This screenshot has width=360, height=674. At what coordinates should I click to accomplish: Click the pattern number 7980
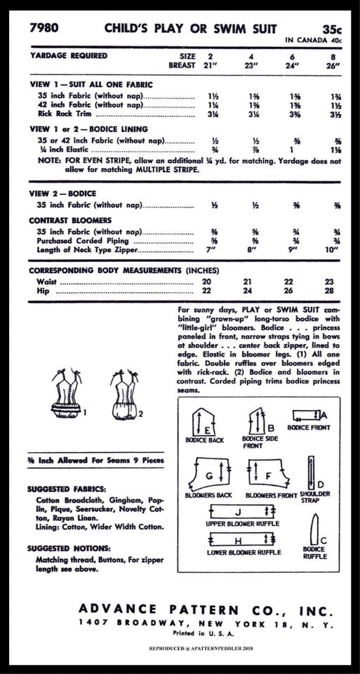(x=44, y=29)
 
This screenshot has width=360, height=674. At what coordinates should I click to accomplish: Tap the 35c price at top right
(x=332, y=29)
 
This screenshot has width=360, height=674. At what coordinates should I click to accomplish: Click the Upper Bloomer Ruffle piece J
(x=238, y=512)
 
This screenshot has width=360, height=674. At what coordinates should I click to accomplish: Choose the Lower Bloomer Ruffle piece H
(x=238, y=540)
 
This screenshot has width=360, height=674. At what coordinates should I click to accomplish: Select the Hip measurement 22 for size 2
(x=207, y=290)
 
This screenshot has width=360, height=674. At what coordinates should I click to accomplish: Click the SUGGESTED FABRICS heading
(x=67, y=489)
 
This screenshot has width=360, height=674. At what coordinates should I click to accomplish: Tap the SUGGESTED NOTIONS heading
(x=69, y=548)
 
